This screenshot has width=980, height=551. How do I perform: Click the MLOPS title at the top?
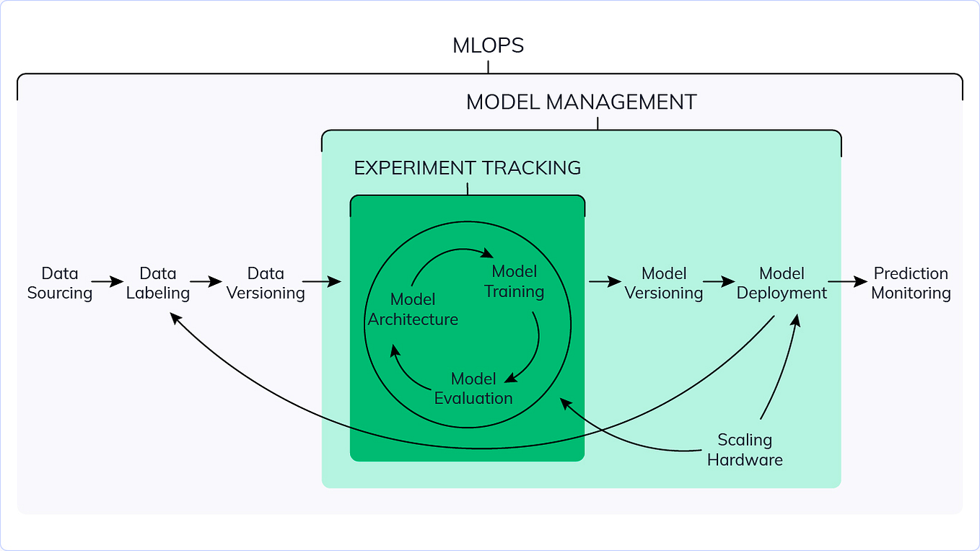tap(488, 46)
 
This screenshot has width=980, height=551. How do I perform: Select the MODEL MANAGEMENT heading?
tap(581, 102)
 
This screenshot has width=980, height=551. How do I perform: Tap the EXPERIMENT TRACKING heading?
tap(467, 168)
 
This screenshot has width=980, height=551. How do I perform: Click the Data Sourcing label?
tap(59, 283)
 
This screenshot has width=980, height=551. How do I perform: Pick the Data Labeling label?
tap(157, 283)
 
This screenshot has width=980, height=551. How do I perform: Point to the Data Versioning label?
tap(266, 283)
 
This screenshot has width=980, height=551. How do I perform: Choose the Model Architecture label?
tap(413, 309)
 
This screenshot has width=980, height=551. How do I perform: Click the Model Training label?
tap(514, 282)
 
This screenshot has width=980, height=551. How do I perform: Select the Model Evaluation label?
tap(473, 389)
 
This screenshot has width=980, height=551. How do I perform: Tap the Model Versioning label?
tap(663, 283)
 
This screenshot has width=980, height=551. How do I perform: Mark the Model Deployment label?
tap(782, 283)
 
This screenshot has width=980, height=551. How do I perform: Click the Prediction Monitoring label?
tap(911, 283)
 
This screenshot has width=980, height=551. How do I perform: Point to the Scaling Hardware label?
tap(745, 449)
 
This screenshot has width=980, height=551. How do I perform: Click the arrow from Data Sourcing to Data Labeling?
tap(108, 282)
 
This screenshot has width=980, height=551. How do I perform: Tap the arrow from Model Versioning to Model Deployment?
tap(719, 282)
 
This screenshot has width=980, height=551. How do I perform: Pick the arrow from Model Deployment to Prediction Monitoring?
tap(848, 282)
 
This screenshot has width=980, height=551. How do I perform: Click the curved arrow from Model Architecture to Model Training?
tap(447, 255)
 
